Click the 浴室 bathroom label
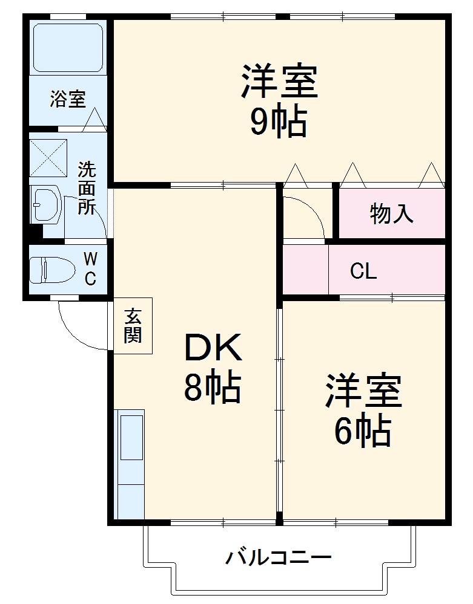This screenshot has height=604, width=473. coord(67,99)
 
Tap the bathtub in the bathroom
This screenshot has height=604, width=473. coord(67,48)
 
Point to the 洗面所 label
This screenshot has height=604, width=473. coord(87,188)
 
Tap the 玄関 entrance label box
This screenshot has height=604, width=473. coord(133,325)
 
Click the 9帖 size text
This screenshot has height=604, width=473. coord(279,122)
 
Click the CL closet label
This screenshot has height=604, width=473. coord(363,271)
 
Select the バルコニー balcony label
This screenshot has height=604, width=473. coord(279,556)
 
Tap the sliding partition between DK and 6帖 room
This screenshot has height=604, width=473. coord(279,411)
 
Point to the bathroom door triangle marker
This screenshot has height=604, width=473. coord(94,119)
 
